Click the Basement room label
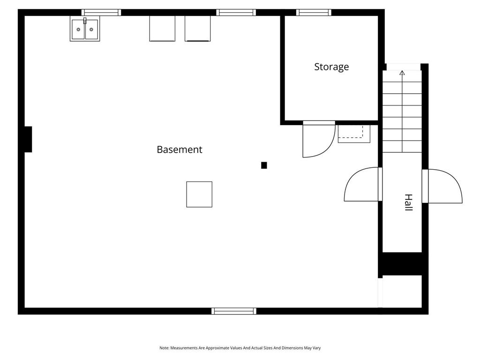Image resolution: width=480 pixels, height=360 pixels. [x=180, y=150]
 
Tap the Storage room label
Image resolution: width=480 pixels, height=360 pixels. [x=331, y=67]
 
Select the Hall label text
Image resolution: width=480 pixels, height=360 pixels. [x=408, y=202]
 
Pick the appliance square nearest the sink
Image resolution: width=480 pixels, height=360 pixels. [x=162, y=29]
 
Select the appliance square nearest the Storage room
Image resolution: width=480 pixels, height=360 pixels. [x=197, y=29]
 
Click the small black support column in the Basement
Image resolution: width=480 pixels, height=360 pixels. [x=264, y=165]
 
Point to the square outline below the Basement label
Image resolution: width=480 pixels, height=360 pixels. [x=199, y=194]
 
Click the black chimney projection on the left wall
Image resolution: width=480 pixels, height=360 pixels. [x=28, y=139]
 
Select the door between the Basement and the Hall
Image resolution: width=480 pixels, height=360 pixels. [x=362, y=185]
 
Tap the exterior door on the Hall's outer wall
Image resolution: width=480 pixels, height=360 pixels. [x=443, y=186]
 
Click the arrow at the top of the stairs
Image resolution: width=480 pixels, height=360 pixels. [x=402, y=73]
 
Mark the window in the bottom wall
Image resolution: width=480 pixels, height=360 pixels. [x=234, y=311]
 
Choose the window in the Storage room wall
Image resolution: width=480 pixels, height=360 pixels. [x=314, y=13]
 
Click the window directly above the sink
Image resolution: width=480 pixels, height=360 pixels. [x=101, y=13]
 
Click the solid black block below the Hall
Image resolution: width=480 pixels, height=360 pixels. [x=402, y=263]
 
